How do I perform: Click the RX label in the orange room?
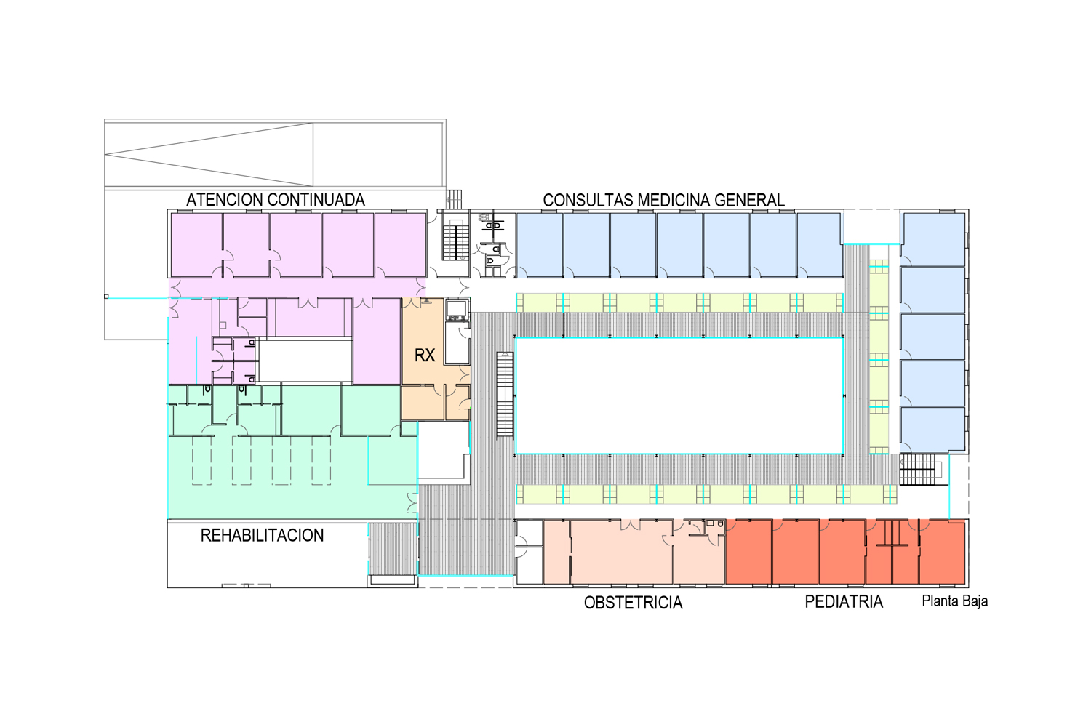coord(425,356)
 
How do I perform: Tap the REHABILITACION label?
coord(262,536)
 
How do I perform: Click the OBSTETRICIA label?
coord(633,603)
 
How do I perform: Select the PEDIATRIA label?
coord(844,602)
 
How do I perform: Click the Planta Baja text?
coord(954,601)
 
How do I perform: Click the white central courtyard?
coord(679,396)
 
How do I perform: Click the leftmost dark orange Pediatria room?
coord(748,552)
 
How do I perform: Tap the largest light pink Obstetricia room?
coord(621,552)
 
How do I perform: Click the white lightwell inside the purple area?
coord(305,361)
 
